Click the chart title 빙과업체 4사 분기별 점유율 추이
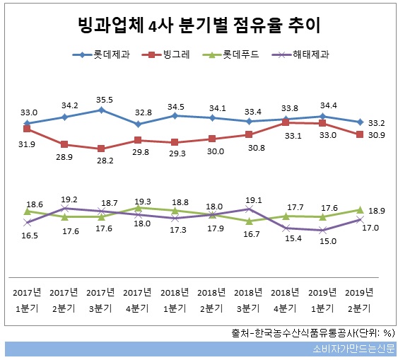point(199,27)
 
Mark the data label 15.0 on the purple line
point(323,241)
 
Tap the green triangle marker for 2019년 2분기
point(361,210)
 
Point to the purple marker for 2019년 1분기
point(323,230)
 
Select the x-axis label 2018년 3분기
point(249,300)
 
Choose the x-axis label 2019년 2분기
point(360,300)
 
